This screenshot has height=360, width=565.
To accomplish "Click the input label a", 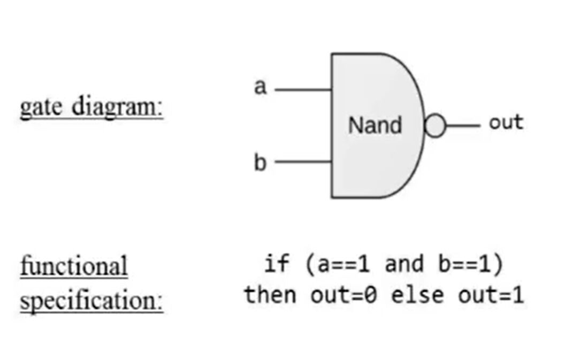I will pyautogui.click(x=260, y=87).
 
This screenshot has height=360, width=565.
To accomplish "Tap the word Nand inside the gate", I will pyautogui.click(x=375, y=126).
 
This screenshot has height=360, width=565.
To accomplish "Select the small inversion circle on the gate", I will pyautogui.click(x=436, y=126).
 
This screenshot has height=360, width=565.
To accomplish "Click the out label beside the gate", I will pyautogui.click(x=506, y=122).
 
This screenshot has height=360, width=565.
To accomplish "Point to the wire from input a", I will pyautogui.click(x=303, y=90).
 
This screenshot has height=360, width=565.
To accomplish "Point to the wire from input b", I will pyautogui.click(x=303, y=161).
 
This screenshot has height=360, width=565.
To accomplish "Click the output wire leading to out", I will pyautogui.click(x=463, y=126).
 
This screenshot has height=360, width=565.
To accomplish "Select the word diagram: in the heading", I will pyautogui.click(x=117, y=108).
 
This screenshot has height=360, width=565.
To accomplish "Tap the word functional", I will pyautogui.click(x=74, y=266).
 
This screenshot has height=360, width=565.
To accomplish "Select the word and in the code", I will pyautogui.click(x=404, y=264).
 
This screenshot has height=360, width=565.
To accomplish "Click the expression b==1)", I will pyautogui.click(x=471, y=264).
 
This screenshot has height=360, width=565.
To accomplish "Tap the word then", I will pyautogui.click(x=270, y=295).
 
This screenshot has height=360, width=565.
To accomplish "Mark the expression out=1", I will pyautogui.click(x=491, y=295).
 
